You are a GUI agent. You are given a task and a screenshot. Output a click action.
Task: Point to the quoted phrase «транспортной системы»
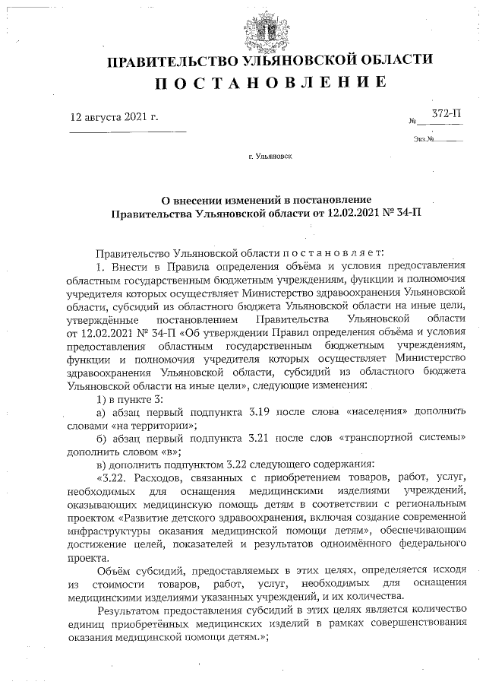tap(402, 439)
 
